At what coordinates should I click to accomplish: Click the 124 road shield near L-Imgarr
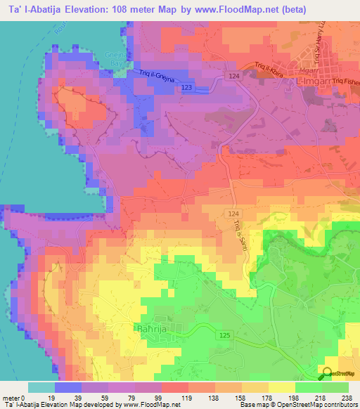click(x=234, y=74)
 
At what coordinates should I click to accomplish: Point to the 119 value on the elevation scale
click(x=188, y=397)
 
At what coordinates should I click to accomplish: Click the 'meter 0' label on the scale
click(x=15, y=397)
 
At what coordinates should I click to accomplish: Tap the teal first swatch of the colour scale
click(x=41, y=387)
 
